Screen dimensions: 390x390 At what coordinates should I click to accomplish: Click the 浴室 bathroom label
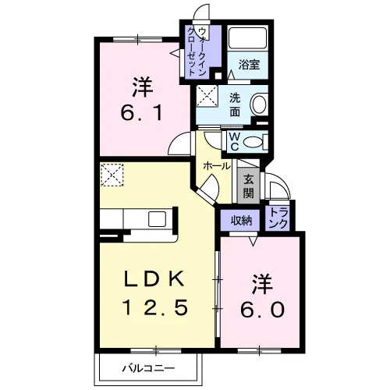[x=249, y=65]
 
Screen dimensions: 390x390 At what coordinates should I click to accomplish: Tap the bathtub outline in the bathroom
[x=247, y=38]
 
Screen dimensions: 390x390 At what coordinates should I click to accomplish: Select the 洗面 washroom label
[x=235, y=105]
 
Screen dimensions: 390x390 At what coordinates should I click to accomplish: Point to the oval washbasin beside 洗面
[x=259, y=105]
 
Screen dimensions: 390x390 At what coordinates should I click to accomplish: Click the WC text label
[x=235, y=141]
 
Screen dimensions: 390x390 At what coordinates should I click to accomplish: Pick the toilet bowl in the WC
[x=253, y=142]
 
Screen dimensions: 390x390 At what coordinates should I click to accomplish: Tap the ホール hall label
[x=217, y=166]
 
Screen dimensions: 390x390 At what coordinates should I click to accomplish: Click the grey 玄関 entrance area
[x=248, y=186]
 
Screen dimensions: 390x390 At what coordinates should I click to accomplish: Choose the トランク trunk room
[x=278, y=218]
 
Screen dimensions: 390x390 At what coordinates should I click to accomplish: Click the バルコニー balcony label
[x=149, y=368]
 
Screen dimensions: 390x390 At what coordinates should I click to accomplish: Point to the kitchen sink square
[x=157, y=219]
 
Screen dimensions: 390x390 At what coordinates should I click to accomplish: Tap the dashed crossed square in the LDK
[x=112, y=175]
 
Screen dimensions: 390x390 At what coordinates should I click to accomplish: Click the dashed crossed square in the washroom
[x=207, y=96]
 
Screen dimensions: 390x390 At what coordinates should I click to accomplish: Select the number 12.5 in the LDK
[x=155, y=307]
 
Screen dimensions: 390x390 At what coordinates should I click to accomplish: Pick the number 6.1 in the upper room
[x=142, y=113]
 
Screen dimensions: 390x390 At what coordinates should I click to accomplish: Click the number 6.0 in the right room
[x=262, y=310]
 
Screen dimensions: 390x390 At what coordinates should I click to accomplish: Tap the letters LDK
[x=154, y=278]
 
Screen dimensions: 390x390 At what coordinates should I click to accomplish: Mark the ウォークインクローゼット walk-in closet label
[x=198, y=51]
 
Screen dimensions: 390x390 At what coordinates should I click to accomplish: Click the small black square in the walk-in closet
[x=218, y=76]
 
